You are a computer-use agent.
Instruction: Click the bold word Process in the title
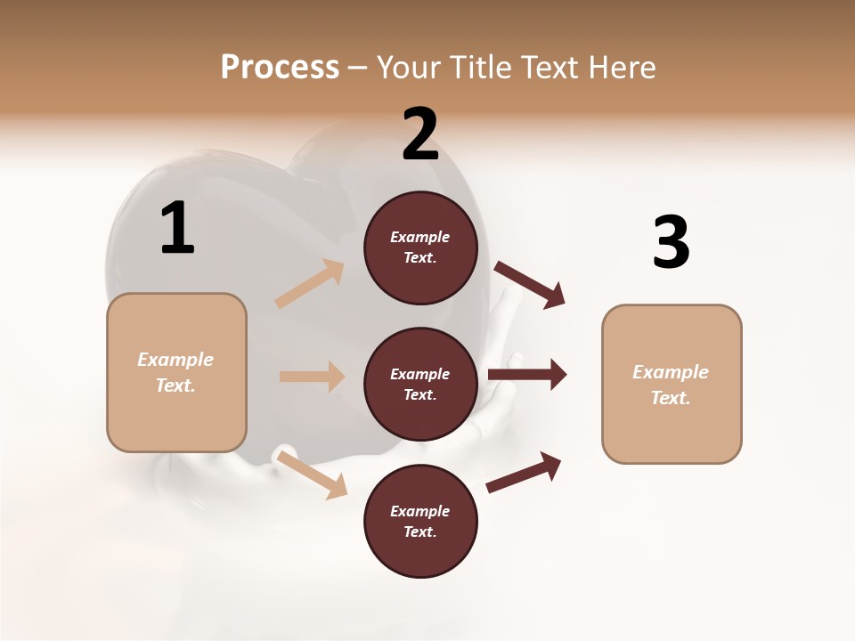pyautogui.click(x=280, y=68)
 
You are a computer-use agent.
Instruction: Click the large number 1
pyautogui.click(x=177, y=229)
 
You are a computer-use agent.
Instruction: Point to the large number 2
pyautogui.click(x=420, y=134)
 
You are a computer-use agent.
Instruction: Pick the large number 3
pyautogui.click(x=671, y=243)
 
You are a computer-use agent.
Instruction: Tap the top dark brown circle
pyautogui.click(x=420, y=247)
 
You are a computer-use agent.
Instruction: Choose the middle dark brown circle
pyautogui.click(x=420, y=385)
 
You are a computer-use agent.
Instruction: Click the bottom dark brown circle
pyautogui.click(x=420, y=522)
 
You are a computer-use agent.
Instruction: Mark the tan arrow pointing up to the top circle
pyautogui.click(x=310, y=284)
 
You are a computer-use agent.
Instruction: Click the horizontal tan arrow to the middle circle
pyautogui.click(x=312, y=377)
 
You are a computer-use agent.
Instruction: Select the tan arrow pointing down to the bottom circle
pyautogui.click(x=312, y=474)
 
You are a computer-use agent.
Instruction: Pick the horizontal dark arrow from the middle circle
pyautogui.click(x=527, y=375)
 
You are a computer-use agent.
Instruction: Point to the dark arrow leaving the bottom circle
pyautogui.click(x=524, y=472)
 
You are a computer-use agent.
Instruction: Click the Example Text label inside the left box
pyautogui.click(x=176, y=372)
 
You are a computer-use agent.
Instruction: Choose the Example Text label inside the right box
pyautogui.click(x=671, y=385)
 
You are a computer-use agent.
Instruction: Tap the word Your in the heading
pyautogui.click(x=408, y=68)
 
